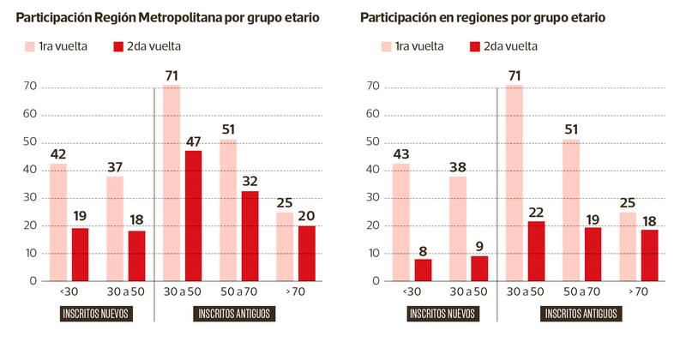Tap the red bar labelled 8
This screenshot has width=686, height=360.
[x=423, y=269]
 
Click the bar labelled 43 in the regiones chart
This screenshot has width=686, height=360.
[x=400, y=222]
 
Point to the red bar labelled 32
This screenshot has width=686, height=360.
[x=250, y=237]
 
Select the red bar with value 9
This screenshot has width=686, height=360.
[x=478, y=267]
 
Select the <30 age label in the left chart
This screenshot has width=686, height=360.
[x=69, y=292]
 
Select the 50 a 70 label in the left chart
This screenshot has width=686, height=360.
[x=239, y=292]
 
